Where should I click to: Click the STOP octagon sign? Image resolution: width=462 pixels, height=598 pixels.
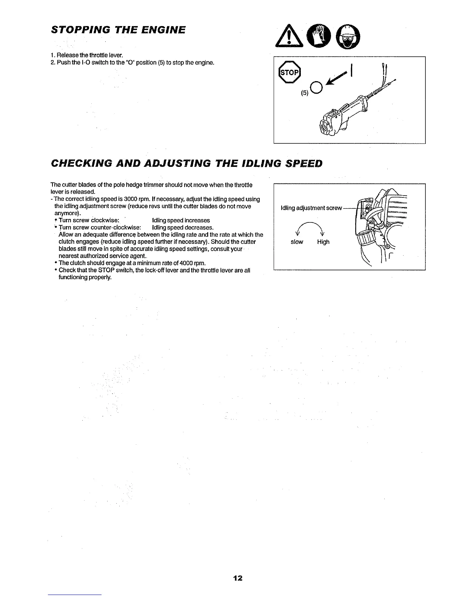pos(289,73)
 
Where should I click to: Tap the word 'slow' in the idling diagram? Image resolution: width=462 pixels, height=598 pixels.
pos(297,242)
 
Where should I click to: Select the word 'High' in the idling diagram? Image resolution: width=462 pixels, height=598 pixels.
pos(323,242)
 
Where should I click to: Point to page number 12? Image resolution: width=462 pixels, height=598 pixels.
pos(238,578)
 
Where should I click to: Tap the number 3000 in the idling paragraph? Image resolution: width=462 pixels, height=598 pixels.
pos(125,199)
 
